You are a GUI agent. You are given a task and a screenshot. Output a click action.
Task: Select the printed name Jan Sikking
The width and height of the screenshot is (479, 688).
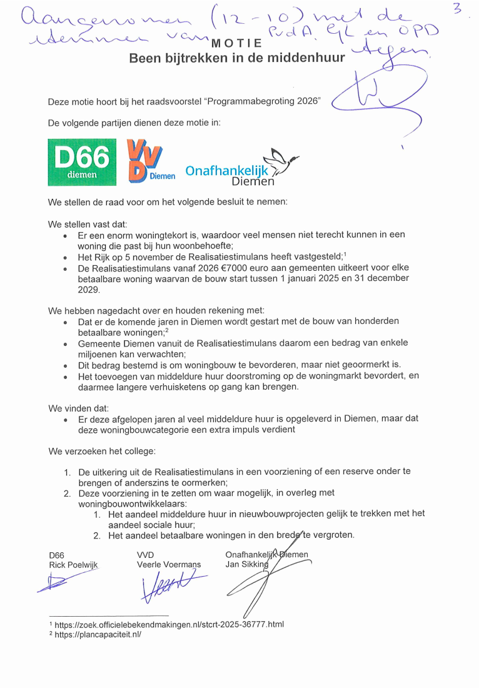coord(246,564)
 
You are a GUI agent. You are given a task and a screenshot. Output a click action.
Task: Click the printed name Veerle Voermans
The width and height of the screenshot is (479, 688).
coord(169,564)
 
